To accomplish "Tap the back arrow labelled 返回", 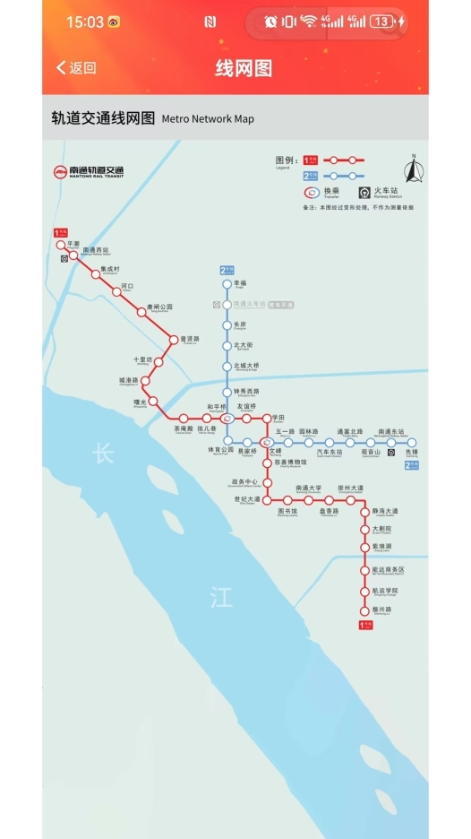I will pyautogui.click(x=75, y=68).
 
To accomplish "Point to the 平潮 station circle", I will pyautogui.click(x=62, y=244).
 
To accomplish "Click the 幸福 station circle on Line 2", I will pyautogui.click(x=227, y=284).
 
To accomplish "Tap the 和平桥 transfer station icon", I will pyautogui.click(x=227, y=418).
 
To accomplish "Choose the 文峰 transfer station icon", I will pyautogui.click(x=266, y=442).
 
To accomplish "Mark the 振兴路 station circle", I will pyautogui.click(x=364, y=610).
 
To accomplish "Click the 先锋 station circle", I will pyautogui.click(x=412, y=442).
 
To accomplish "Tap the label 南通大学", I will pyautogui.click(x=308, y=489).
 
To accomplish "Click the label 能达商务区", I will pyautogui.click(x=389, y=569).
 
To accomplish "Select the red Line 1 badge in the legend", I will pyautogui.click(x=312, y=160).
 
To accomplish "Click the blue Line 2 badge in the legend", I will pyautogui.click(x=312, y=176).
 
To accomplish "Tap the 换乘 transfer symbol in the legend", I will pyautogui.click(x=313, y=192).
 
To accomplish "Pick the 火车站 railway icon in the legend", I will pyautogui.click(x=364, y=192).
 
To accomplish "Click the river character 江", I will pyautogui.click(x=220, y=598).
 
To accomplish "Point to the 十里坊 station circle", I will pyautogui.click(x=158, y=361).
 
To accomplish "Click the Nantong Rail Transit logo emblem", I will pyautogui.click(x=60, y=171).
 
